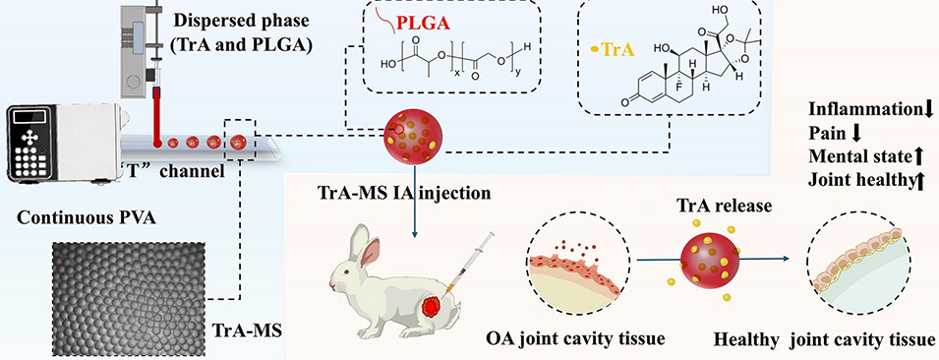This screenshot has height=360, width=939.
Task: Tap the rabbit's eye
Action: [x=350, y=270]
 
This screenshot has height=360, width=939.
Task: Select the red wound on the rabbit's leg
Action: [x=432, y=308]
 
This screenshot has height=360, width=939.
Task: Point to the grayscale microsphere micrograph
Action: [x=128, y=299]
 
